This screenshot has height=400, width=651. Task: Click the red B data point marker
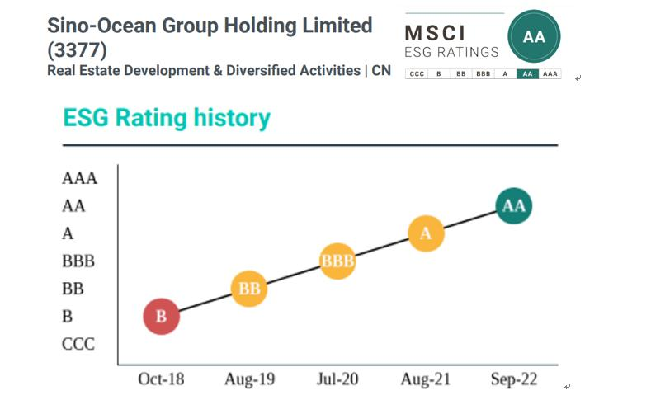(x=162, y=316)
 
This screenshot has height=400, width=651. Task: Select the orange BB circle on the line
(x=249, y=289)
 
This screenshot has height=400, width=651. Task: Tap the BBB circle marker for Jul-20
(x=337, y=261)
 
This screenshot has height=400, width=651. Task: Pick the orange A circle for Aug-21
(x=426, y=233)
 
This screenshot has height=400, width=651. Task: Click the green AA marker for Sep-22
(x=514, y=205)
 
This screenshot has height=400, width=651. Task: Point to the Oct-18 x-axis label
(x=161, y=379)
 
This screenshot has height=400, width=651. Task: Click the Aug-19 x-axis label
(x=249, y=379)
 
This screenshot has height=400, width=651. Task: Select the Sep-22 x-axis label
(x=513, y=379)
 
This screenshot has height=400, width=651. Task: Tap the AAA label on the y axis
(x=79, y=178)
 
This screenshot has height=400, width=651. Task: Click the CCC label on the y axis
(x=78, y=343)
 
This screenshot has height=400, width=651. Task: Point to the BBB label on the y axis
(x=78, y=261)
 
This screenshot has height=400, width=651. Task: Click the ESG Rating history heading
(x=167, y=118)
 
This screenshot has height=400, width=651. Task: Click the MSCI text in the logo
(x=436, y=34)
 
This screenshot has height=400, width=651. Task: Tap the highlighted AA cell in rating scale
(x=527, y=74)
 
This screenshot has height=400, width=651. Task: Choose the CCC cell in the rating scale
(x=417, y=74)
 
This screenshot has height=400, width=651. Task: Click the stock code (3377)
(x=78, y=49)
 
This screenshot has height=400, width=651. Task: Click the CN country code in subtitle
(x=380, y=71)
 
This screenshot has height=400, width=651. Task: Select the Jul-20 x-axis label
(x=337, y=379)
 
